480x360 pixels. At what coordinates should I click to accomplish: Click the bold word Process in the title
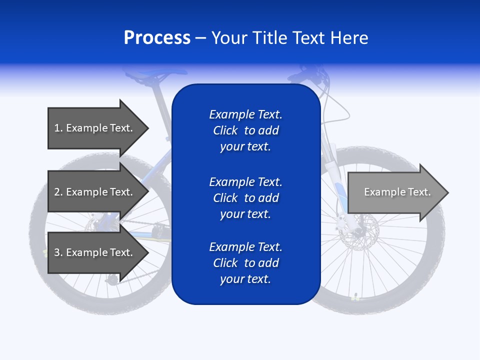tap(157, 38)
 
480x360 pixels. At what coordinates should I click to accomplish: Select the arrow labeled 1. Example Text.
tap(93, 128)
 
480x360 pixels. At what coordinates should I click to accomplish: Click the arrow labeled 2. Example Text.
tap(93, 192)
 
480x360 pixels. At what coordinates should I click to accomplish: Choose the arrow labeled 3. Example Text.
tap(93, 252)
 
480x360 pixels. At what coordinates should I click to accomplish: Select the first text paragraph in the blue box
tap(245, 130)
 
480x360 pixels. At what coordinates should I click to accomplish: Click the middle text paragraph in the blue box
tap(245, 198)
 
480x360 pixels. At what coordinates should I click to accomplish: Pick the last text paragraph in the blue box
tap(245, 263)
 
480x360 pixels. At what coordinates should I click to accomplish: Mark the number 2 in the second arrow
tap(57, 192)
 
